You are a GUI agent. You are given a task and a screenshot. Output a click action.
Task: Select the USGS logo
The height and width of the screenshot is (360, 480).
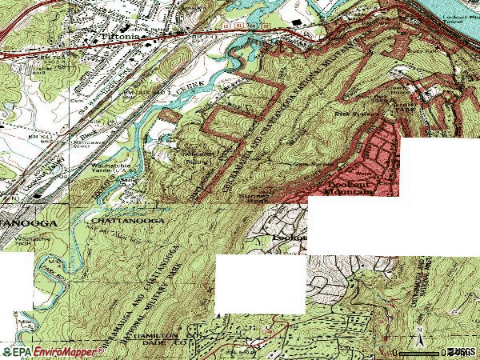pos(459,352)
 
